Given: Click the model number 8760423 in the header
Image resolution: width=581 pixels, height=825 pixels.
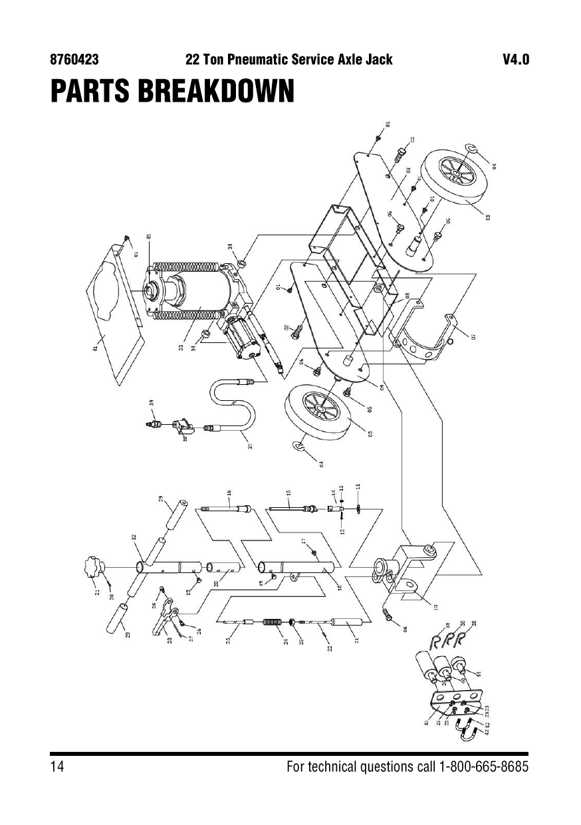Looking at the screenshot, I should [x=74, y=60].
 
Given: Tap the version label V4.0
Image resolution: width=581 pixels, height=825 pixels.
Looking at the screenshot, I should [x=516, y=60].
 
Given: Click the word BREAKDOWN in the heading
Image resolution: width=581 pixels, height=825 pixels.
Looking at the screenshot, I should [x=215, y=92].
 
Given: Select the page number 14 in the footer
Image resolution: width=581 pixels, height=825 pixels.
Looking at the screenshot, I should [x=57, y=766].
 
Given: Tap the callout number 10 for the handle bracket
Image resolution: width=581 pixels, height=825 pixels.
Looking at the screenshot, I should [x=435, y=607].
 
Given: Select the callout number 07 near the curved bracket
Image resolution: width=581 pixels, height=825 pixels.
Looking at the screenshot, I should [x=474, y=336].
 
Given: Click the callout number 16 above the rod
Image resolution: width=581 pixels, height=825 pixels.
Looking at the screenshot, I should [x=229, y=493].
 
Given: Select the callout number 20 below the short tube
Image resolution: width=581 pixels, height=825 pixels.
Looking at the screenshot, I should [x=216, y=583].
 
